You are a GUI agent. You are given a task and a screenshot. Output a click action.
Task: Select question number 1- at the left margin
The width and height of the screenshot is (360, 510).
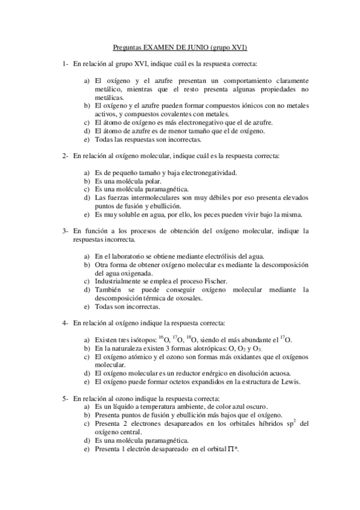65,63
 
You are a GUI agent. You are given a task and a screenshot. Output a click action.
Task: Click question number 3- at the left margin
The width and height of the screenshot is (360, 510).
65,230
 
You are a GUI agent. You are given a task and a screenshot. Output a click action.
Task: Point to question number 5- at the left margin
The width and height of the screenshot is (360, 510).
65,399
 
